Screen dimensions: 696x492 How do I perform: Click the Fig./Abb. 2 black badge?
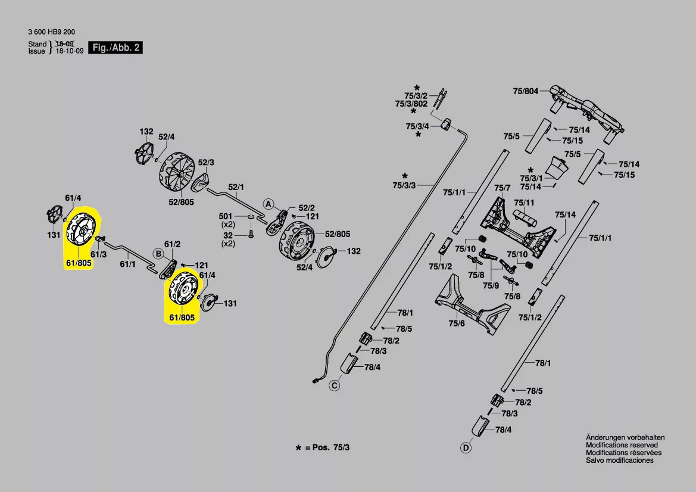coord(116,48)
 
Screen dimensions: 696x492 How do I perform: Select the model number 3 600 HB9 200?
coord(51,32)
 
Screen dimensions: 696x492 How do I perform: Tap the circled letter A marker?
coord(268,204)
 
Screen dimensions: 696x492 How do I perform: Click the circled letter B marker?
coord(158,254)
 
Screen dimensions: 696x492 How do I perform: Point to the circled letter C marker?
coord(334,385)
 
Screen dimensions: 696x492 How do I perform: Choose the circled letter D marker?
coord(466,448)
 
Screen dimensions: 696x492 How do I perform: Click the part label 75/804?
coord(526,91)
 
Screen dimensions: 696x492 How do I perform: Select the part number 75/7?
coord(502,188)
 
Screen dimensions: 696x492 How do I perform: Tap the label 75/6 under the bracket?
coord(456,323)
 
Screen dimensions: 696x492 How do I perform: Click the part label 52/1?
coord(236,187)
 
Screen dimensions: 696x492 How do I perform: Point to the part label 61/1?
coord(128,264)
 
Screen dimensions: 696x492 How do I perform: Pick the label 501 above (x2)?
coord(226,217)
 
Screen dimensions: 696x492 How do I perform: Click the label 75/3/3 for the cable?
coord(404,185)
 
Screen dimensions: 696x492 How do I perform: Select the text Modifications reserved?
coord(622,445)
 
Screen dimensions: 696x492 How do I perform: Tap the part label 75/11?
coord(524,203)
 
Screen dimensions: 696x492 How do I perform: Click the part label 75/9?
coord(491,285)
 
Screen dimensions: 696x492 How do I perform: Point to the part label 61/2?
coord(172,244)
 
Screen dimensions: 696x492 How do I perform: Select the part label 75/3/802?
coord(411,104)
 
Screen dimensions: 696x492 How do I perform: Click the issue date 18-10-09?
coord(69,51)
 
